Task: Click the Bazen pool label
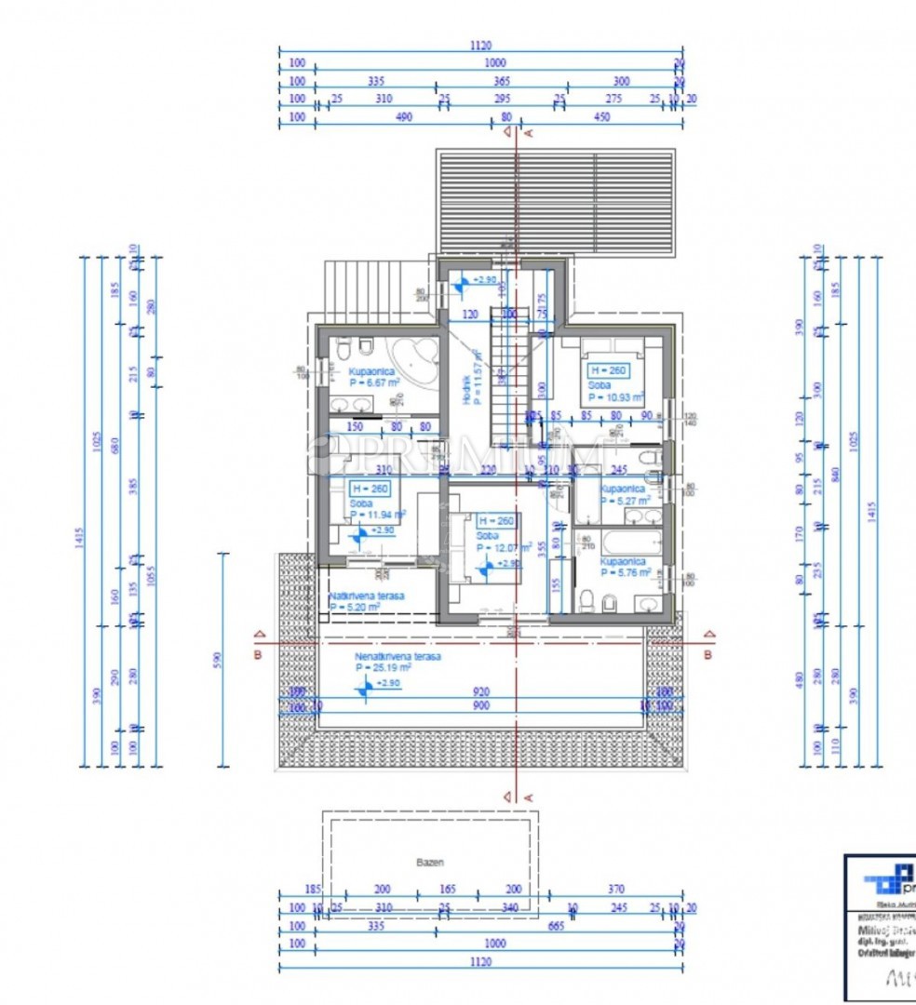(429, 863)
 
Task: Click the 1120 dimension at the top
(481, 45)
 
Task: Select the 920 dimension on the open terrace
(481, 692)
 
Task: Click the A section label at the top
(529, 133)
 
